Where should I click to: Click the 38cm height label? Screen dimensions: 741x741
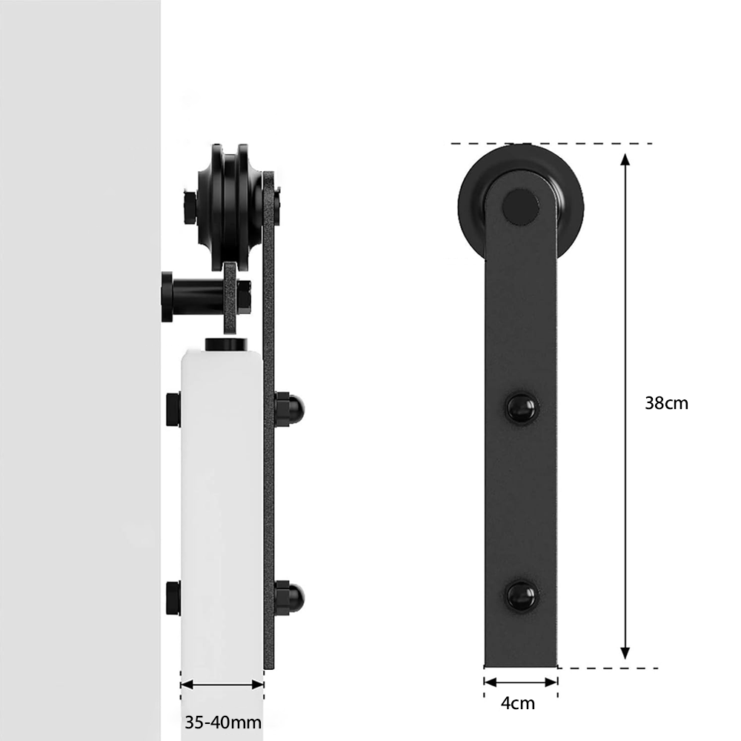[x=666, y=403]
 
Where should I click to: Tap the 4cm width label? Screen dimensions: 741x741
[x=518, y=704]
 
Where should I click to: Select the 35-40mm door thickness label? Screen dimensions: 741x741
[x=223, y=722]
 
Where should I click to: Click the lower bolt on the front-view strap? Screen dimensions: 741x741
[x=522, y=596]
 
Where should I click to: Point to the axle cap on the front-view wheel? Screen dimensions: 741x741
[x=520, y=206]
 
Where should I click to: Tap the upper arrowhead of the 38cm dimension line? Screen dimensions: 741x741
[x=625, y=160]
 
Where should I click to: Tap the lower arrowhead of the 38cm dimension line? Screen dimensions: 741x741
[x=625, y=653]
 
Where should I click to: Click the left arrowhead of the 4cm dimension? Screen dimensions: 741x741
[x=490, y=682]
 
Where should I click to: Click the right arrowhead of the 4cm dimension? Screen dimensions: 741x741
[x=551, y=682]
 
